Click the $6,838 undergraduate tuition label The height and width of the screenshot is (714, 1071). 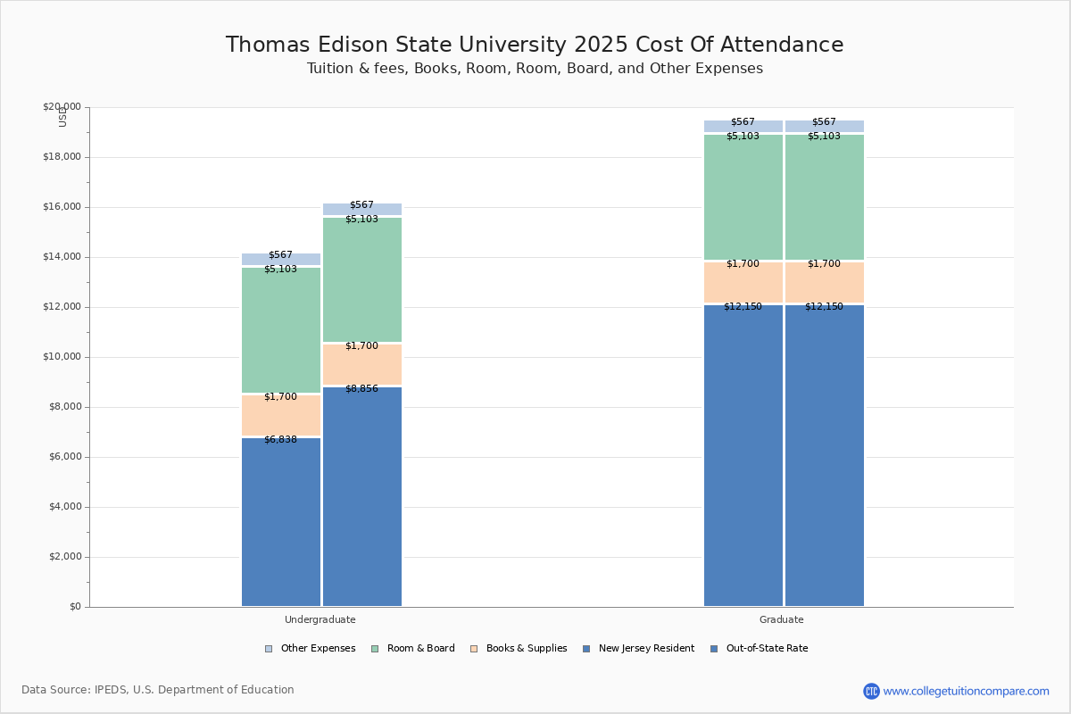(280, 439)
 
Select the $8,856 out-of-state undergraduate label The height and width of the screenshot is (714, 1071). (361, 388)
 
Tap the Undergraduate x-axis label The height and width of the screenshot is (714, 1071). (320, 619)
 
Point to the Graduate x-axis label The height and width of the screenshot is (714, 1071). (781, 619)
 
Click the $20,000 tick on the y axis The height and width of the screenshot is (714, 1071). (62, 107)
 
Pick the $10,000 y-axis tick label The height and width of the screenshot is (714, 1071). (62, 357)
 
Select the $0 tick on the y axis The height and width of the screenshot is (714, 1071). (74, 607)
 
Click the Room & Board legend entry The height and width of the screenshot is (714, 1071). (420, 649)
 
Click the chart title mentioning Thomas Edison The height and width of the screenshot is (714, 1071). (534, 45)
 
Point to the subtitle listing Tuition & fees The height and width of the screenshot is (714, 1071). (534, 69)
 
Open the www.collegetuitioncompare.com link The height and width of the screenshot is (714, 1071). (966, 691)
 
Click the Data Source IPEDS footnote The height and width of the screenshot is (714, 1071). (157, 690)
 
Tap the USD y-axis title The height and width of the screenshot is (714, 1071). (62, 117)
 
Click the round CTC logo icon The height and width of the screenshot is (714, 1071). (871, 691)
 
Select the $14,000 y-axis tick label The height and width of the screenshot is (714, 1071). (62, 257)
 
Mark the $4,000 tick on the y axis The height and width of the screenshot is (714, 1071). (64, 507)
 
